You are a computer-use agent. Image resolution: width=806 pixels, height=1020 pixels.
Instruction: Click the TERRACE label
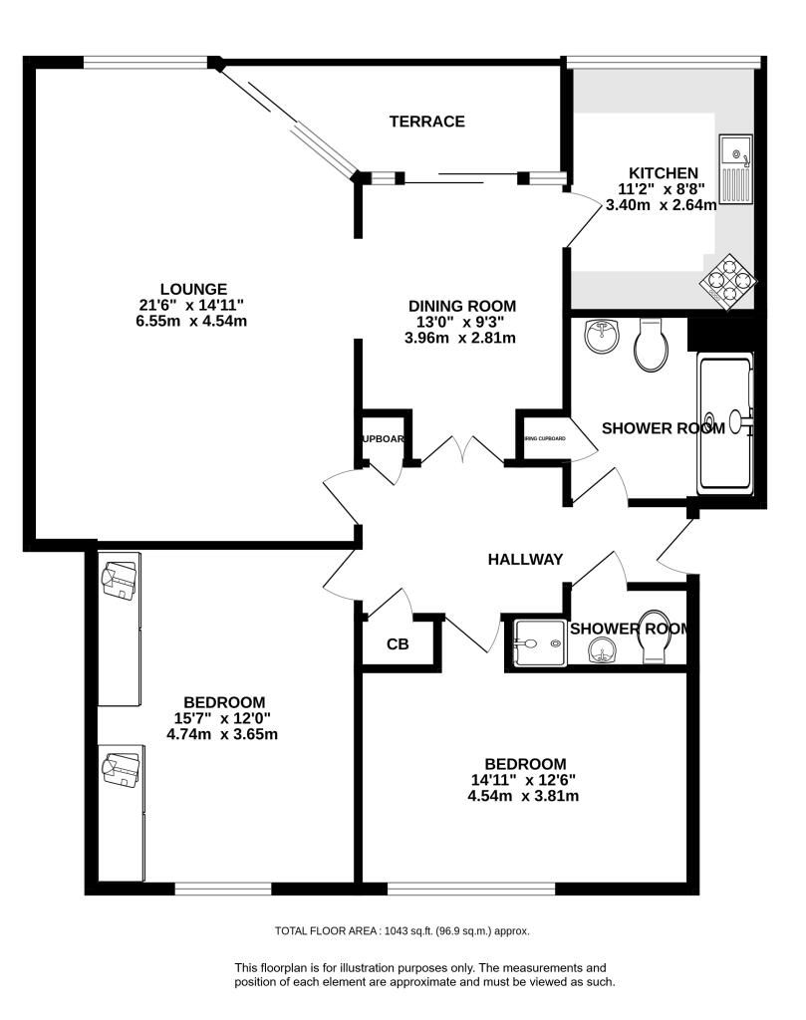[426, 122]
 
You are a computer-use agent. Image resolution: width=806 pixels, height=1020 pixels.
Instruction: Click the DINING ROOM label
[462, 306]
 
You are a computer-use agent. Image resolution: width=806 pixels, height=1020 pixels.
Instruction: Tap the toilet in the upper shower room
[650, 345]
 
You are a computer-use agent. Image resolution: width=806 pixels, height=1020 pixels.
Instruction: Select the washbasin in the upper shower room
[602, 336]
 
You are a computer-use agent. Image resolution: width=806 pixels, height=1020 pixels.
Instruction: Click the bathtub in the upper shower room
[723, 422]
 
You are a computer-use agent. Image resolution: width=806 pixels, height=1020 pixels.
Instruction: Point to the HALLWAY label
[525, 560]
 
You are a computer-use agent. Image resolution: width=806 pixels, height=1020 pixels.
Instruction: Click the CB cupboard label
[398, 644]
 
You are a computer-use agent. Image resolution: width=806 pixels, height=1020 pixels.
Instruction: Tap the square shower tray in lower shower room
[535, 642]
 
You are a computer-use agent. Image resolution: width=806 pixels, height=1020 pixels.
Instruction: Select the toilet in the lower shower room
[655, 637]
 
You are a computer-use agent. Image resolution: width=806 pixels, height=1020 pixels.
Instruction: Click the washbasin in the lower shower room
[602, 650]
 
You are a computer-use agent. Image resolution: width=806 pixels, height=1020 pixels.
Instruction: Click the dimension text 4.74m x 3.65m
[221, 734]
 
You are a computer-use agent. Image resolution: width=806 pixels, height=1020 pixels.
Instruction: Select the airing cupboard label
[543, 439]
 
